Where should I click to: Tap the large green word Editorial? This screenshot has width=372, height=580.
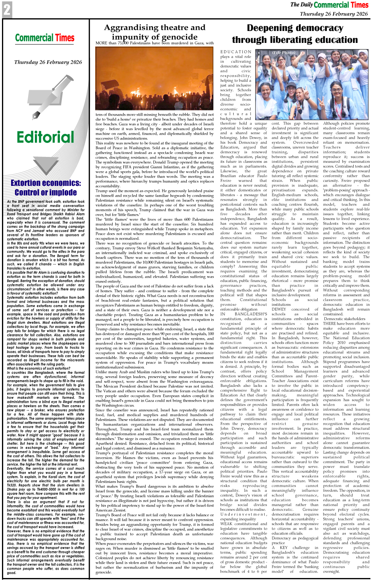45,137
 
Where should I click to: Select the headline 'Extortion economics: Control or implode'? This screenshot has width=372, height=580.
46,188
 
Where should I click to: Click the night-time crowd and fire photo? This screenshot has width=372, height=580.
155,78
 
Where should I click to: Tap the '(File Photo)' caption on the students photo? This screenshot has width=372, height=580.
284,52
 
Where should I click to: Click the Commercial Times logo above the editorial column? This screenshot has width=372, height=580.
45,38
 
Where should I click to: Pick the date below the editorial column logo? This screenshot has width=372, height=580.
48,62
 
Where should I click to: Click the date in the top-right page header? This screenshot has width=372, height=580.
334,14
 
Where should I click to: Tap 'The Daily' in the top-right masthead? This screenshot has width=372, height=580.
301,5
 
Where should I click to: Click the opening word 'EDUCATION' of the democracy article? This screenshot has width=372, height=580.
236,52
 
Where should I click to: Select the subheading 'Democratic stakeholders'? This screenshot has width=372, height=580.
344,319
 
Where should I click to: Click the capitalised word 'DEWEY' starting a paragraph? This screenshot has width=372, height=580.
279,309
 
